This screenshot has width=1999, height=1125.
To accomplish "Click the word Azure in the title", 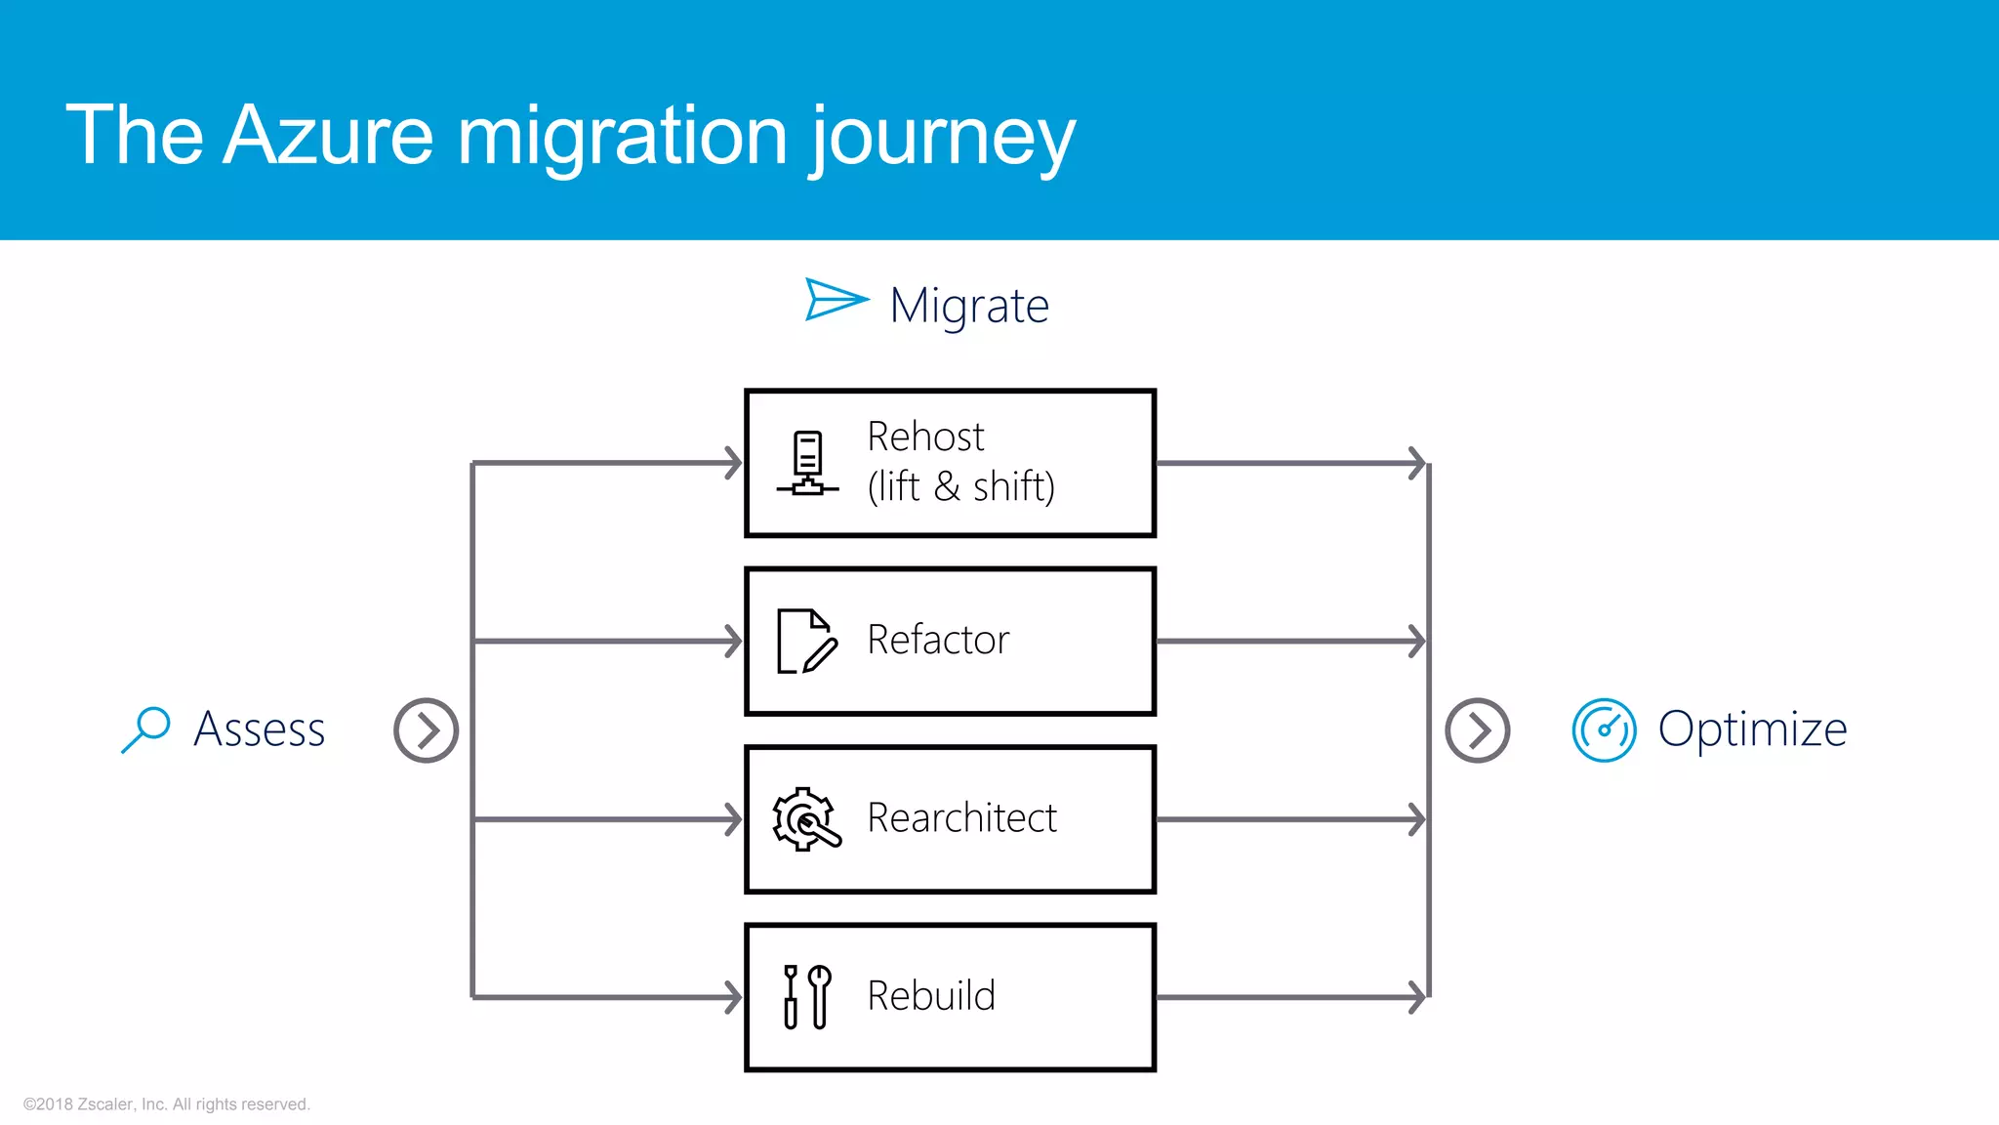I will click(328, 135).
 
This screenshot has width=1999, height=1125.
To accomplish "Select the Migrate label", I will click(969, 306).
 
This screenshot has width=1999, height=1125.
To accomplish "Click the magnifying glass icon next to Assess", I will click(146, 729).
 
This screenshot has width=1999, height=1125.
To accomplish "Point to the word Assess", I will click(260, 729).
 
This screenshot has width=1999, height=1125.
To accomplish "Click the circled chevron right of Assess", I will click(427, 730).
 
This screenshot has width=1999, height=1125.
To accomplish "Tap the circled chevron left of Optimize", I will click(1477, 730).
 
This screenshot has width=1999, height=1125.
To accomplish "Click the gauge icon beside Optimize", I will click(1604, 729).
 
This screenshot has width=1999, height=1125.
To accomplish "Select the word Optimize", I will click(1752, 729).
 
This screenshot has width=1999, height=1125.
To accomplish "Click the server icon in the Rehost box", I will click(807, 464).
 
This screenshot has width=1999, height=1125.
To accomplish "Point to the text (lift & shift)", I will click(961, 486).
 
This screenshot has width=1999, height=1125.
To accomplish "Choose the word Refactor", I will click(938, 640).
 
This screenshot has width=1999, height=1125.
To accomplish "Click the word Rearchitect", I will click(961, 818).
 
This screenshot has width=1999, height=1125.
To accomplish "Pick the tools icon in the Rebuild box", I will click(807, 997).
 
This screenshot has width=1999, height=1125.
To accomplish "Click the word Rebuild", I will click(931, 996).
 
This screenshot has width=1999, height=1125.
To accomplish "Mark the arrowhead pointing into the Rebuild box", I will click(733, 997).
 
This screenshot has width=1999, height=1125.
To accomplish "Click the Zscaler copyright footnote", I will click(167, 1104).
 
